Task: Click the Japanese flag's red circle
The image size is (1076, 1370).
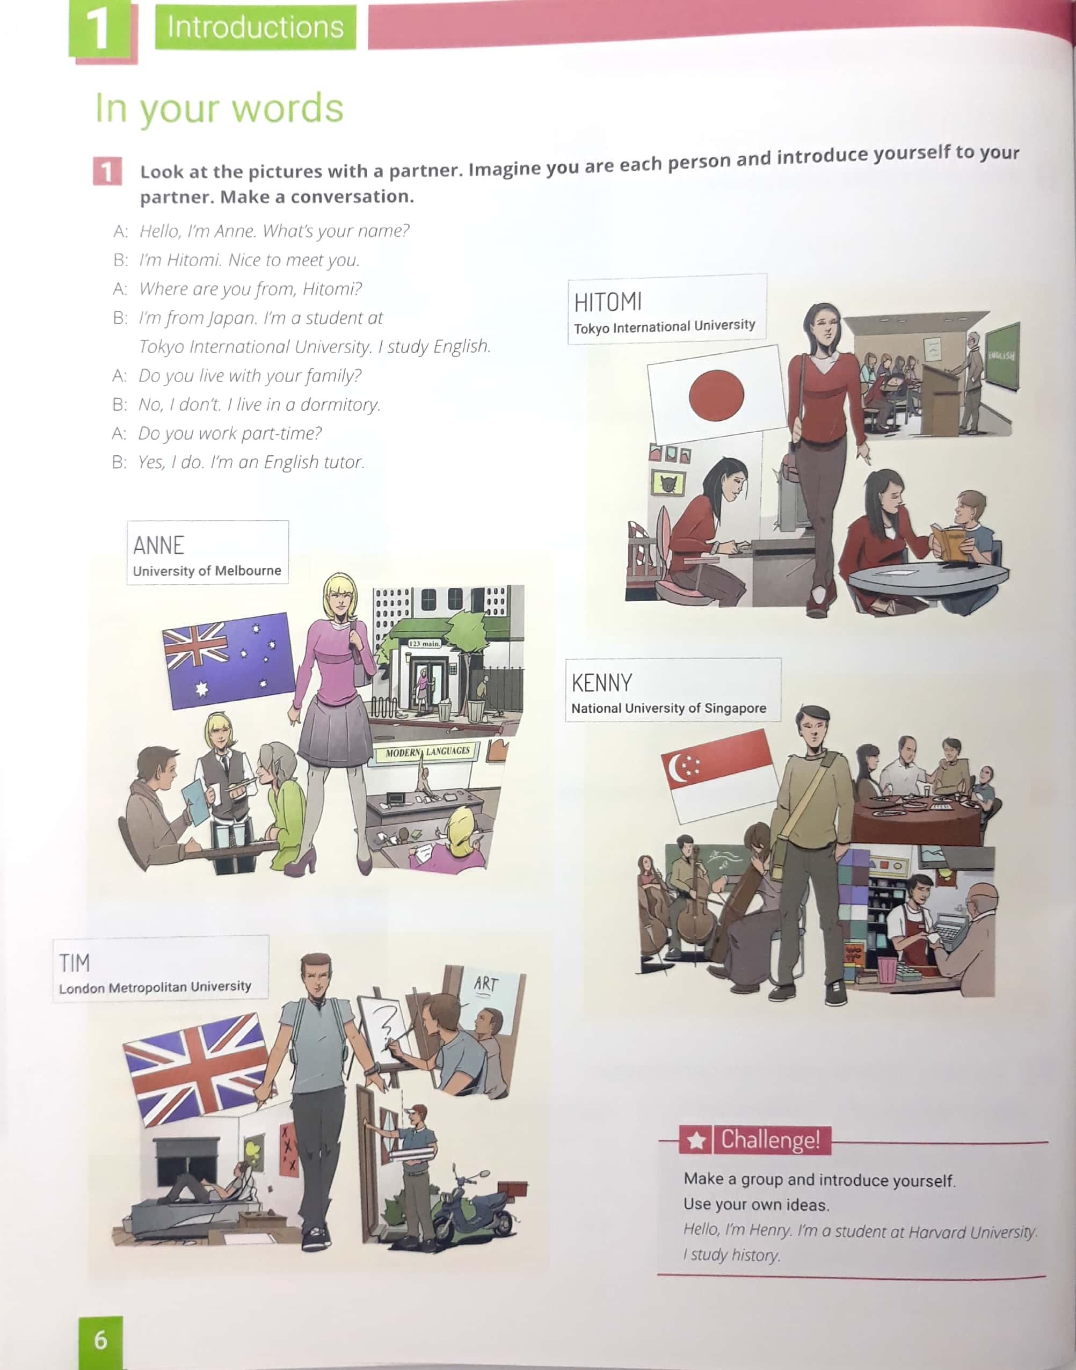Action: tap(716, 395)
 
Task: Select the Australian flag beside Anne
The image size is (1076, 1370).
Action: tap(229, 660)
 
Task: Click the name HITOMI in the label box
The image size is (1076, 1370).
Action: tap(608, 302)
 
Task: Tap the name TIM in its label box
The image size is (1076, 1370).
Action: tap(74, 963)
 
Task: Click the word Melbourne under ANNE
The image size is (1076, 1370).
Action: tap(247, 570)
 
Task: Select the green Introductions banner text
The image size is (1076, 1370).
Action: tap(255, 27)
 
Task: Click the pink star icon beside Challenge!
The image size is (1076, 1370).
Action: tap(695, 1140)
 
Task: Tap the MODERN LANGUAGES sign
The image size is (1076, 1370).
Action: tap(428, 752)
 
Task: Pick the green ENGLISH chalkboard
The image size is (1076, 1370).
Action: tap(1002, 356)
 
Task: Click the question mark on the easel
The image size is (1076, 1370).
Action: tap(385, 1025)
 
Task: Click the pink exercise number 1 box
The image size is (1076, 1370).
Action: tap(107, 172)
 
